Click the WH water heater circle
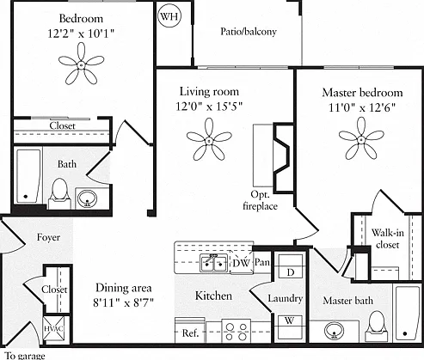click(169, 16)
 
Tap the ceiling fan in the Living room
click(209, 140)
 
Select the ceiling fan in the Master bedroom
click(361, 139)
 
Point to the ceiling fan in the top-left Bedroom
click(81, 64)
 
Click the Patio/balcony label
click(249, 32)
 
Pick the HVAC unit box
click(53, 328)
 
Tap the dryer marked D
click(291, 266)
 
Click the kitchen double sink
click(214, 263)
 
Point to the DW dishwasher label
click(242, 263)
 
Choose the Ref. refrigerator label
click(190, 333)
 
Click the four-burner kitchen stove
click(237, 331)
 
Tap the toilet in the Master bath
click(377, 326)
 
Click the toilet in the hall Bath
click(59, 193)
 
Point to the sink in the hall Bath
click(88, 198)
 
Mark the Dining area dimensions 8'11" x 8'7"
click(123, 302)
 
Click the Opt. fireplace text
click(260, 200)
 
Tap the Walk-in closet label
click(388, 238)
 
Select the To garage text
click(25, 356)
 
